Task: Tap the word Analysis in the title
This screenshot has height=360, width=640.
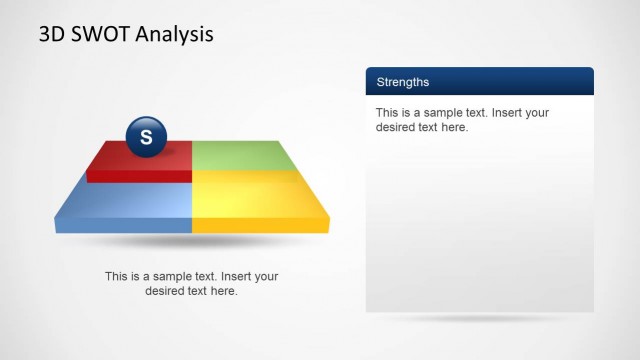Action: tap(178, 35)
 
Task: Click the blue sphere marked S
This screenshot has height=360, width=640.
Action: tap(146, 137)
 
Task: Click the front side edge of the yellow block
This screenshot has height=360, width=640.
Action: tap(260, 226)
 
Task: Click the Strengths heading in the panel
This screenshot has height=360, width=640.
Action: tap(402, 82)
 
